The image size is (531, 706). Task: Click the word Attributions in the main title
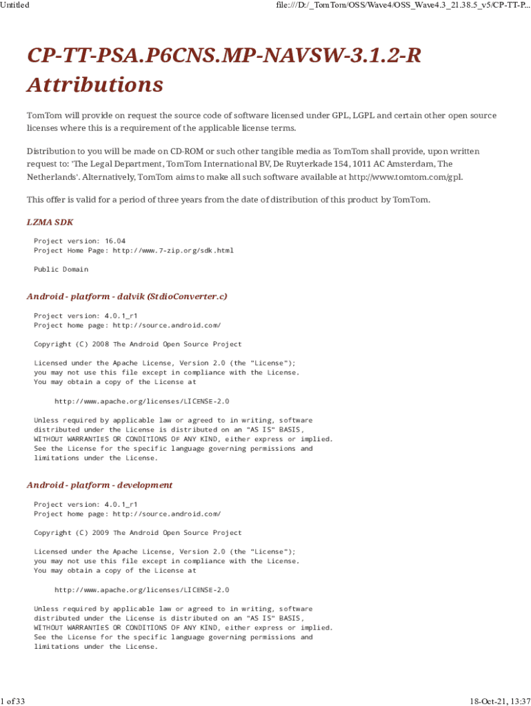point(95,85)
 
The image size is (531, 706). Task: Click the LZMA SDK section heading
point(50,222)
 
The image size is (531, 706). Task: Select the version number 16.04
point(115,241)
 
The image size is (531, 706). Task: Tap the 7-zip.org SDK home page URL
point(173,250)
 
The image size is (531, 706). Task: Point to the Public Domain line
point(61,269)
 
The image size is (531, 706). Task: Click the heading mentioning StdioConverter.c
point(127,296)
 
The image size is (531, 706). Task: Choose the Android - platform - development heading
point(99,485)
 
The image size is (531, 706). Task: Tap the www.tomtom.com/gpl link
point(405,176)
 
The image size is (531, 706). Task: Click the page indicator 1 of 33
point(13,701)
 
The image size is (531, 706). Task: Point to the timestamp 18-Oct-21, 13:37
point(500,701)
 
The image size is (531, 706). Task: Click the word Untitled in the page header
point(14,5)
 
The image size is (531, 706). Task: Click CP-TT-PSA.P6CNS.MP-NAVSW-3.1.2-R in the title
point(223,56)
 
